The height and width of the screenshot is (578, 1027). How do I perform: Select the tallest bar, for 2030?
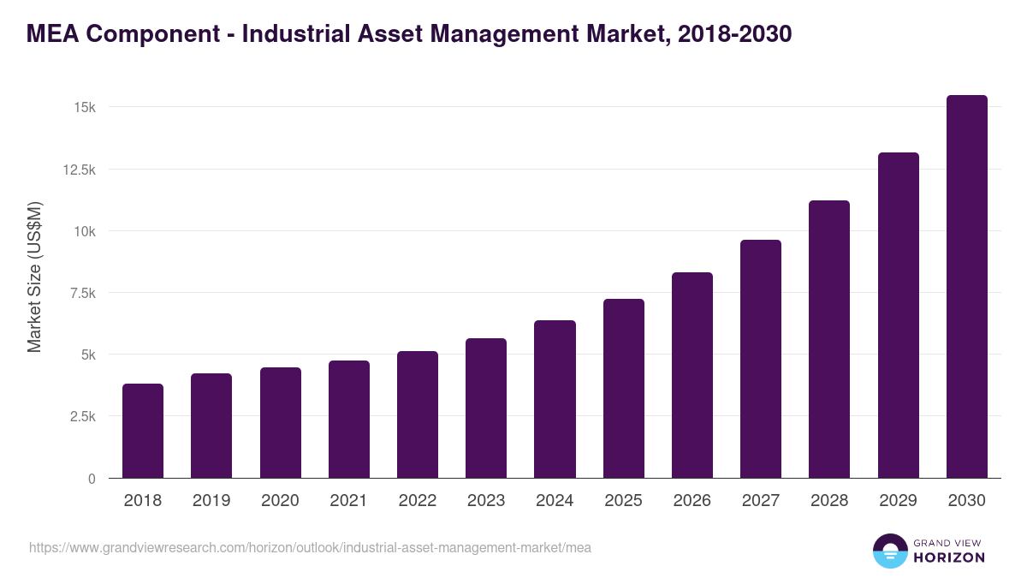(x=966, y=287)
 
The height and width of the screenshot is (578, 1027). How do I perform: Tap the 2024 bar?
(x=555, y=399)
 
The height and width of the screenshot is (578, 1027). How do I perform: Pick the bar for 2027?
(x=761, y=359)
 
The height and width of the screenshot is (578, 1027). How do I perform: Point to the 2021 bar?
(x=349, y=420)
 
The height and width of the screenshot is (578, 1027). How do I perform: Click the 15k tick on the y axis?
(x=84, y=108)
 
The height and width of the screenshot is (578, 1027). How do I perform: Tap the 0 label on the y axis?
(x=91, y=479)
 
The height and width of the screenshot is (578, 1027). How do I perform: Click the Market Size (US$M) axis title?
(x=34, y=277)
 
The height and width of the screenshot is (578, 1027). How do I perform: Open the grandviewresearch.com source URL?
(x=310, y=547)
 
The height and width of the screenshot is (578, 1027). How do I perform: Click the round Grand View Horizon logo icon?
(x=889, y=551)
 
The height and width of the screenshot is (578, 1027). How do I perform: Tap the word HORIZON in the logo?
(x=949, y=557)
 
